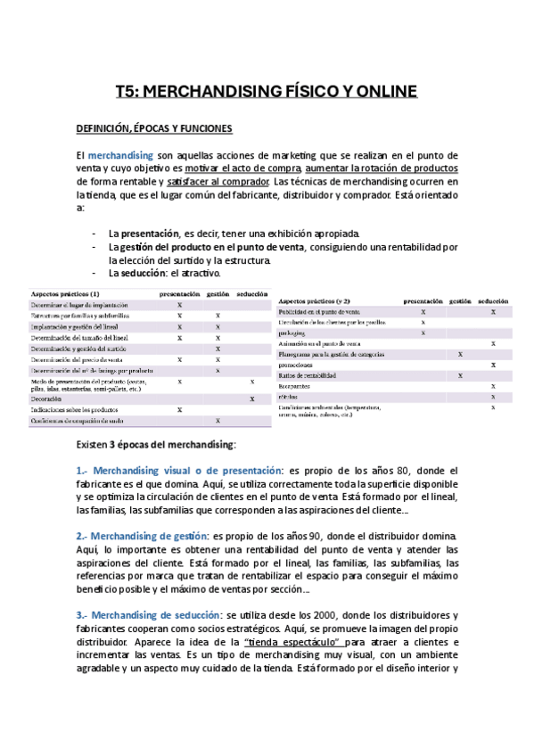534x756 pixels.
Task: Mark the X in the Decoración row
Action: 253,399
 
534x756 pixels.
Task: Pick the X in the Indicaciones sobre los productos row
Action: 180,410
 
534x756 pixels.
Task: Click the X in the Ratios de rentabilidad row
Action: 460,375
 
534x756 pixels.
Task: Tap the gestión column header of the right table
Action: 460,300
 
